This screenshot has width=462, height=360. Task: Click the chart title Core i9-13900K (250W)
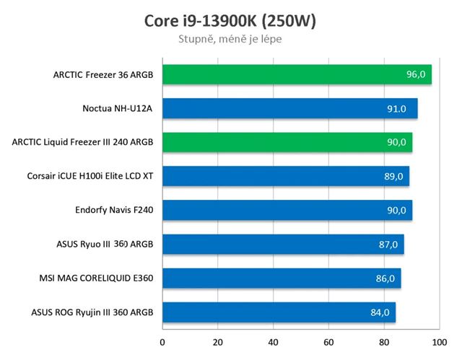230,20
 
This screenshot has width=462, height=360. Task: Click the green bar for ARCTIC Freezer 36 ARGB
297,74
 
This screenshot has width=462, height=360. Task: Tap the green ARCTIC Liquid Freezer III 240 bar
287,142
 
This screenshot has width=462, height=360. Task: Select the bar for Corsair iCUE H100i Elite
285,176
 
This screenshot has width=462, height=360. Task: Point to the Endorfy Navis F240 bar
287,210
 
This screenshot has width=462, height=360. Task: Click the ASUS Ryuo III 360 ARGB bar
283,244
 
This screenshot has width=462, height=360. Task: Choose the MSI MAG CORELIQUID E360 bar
282,278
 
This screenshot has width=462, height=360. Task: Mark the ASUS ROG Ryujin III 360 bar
279,312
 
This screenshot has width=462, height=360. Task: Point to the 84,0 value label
379,312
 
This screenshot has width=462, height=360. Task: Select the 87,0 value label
388,245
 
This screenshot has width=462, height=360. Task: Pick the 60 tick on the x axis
328,341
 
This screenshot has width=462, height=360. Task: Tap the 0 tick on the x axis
162,341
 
